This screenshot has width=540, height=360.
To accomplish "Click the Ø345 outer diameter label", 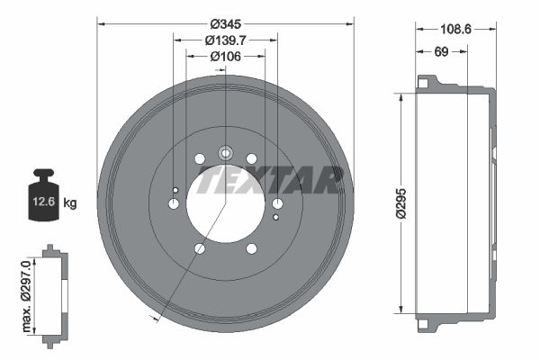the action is (x=226, y=24).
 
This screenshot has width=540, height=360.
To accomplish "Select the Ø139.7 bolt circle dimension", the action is (x=226, y=40).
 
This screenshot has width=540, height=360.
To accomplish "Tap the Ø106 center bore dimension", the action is (x=226, y=56).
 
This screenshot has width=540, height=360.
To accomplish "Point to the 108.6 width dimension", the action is (x=455, y=30).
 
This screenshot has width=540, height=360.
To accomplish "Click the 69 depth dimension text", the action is (x=441, y=51).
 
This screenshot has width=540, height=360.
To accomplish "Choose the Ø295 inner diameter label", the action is (x=400, y=203).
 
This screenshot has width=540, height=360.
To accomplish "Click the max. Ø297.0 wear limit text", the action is (x=26, y=296).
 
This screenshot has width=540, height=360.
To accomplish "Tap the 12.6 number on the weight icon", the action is (x=44, y=202).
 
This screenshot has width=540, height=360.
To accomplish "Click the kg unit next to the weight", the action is (x=70, y=202).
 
